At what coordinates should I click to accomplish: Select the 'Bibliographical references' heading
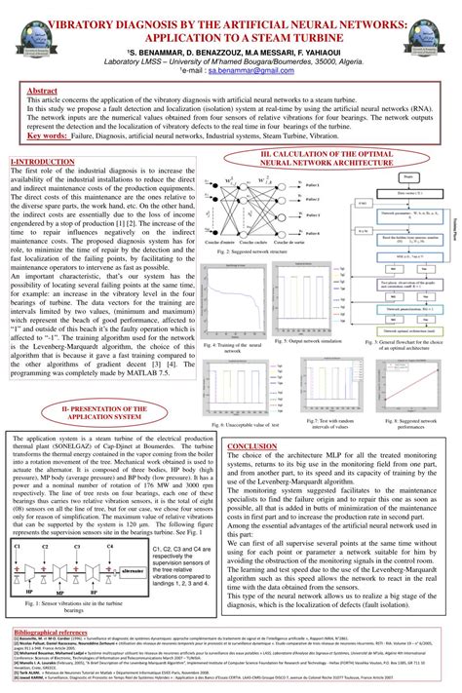point(54,632)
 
